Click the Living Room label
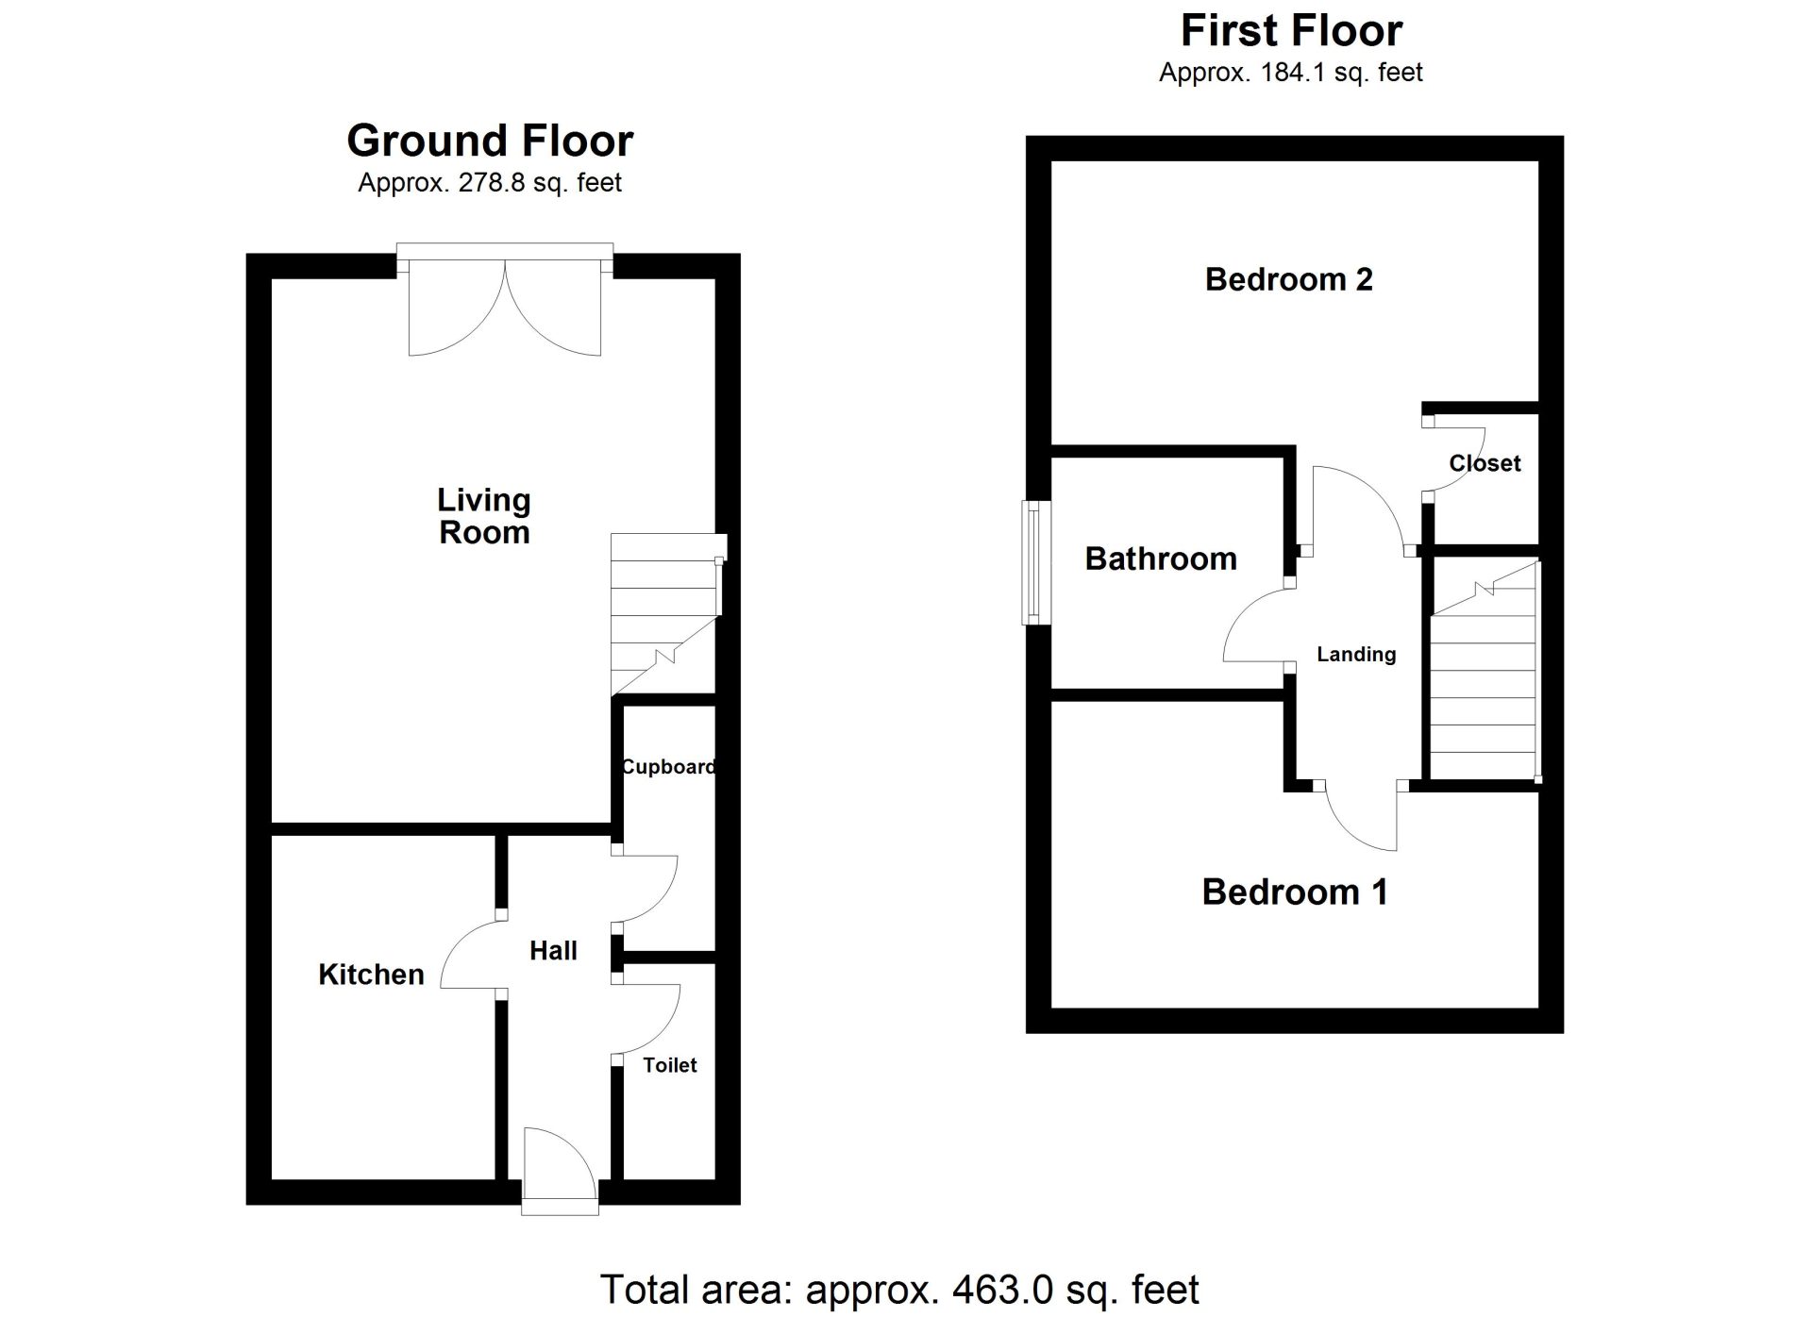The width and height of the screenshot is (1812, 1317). [484, 516]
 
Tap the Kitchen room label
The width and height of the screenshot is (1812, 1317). [371, 975]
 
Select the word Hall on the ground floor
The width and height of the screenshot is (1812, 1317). [553, 951]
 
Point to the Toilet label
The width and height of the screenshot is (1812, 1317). [670, 1065]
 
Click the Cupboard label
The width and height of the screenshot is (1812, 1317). [668, 767]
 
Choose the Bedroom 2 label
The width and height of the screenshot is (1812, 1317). [1289, 279]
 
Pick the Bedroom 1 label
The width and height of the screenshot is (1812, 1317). [1295, 892]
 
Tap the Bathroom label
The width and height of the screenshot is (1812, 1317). [1161, 558]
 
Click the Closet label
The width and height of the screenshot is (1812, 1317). [1485, 463]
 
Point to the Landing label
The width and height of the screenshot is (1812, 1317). [1356, 655]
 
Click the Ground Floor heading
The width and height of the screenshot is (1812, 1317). [490, 141]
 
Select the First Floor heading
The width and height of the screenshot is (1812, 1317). [1292, 30]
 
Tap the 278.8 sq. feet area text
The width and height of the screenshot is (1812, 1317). [540, 182]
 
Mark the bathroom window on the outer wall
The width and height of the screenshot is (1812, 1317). [1037, 562]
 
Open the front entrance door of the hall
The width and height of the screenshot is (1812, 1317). [560, 1170]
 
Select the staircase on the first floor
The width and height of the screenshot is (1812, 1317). [1485, 671]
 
